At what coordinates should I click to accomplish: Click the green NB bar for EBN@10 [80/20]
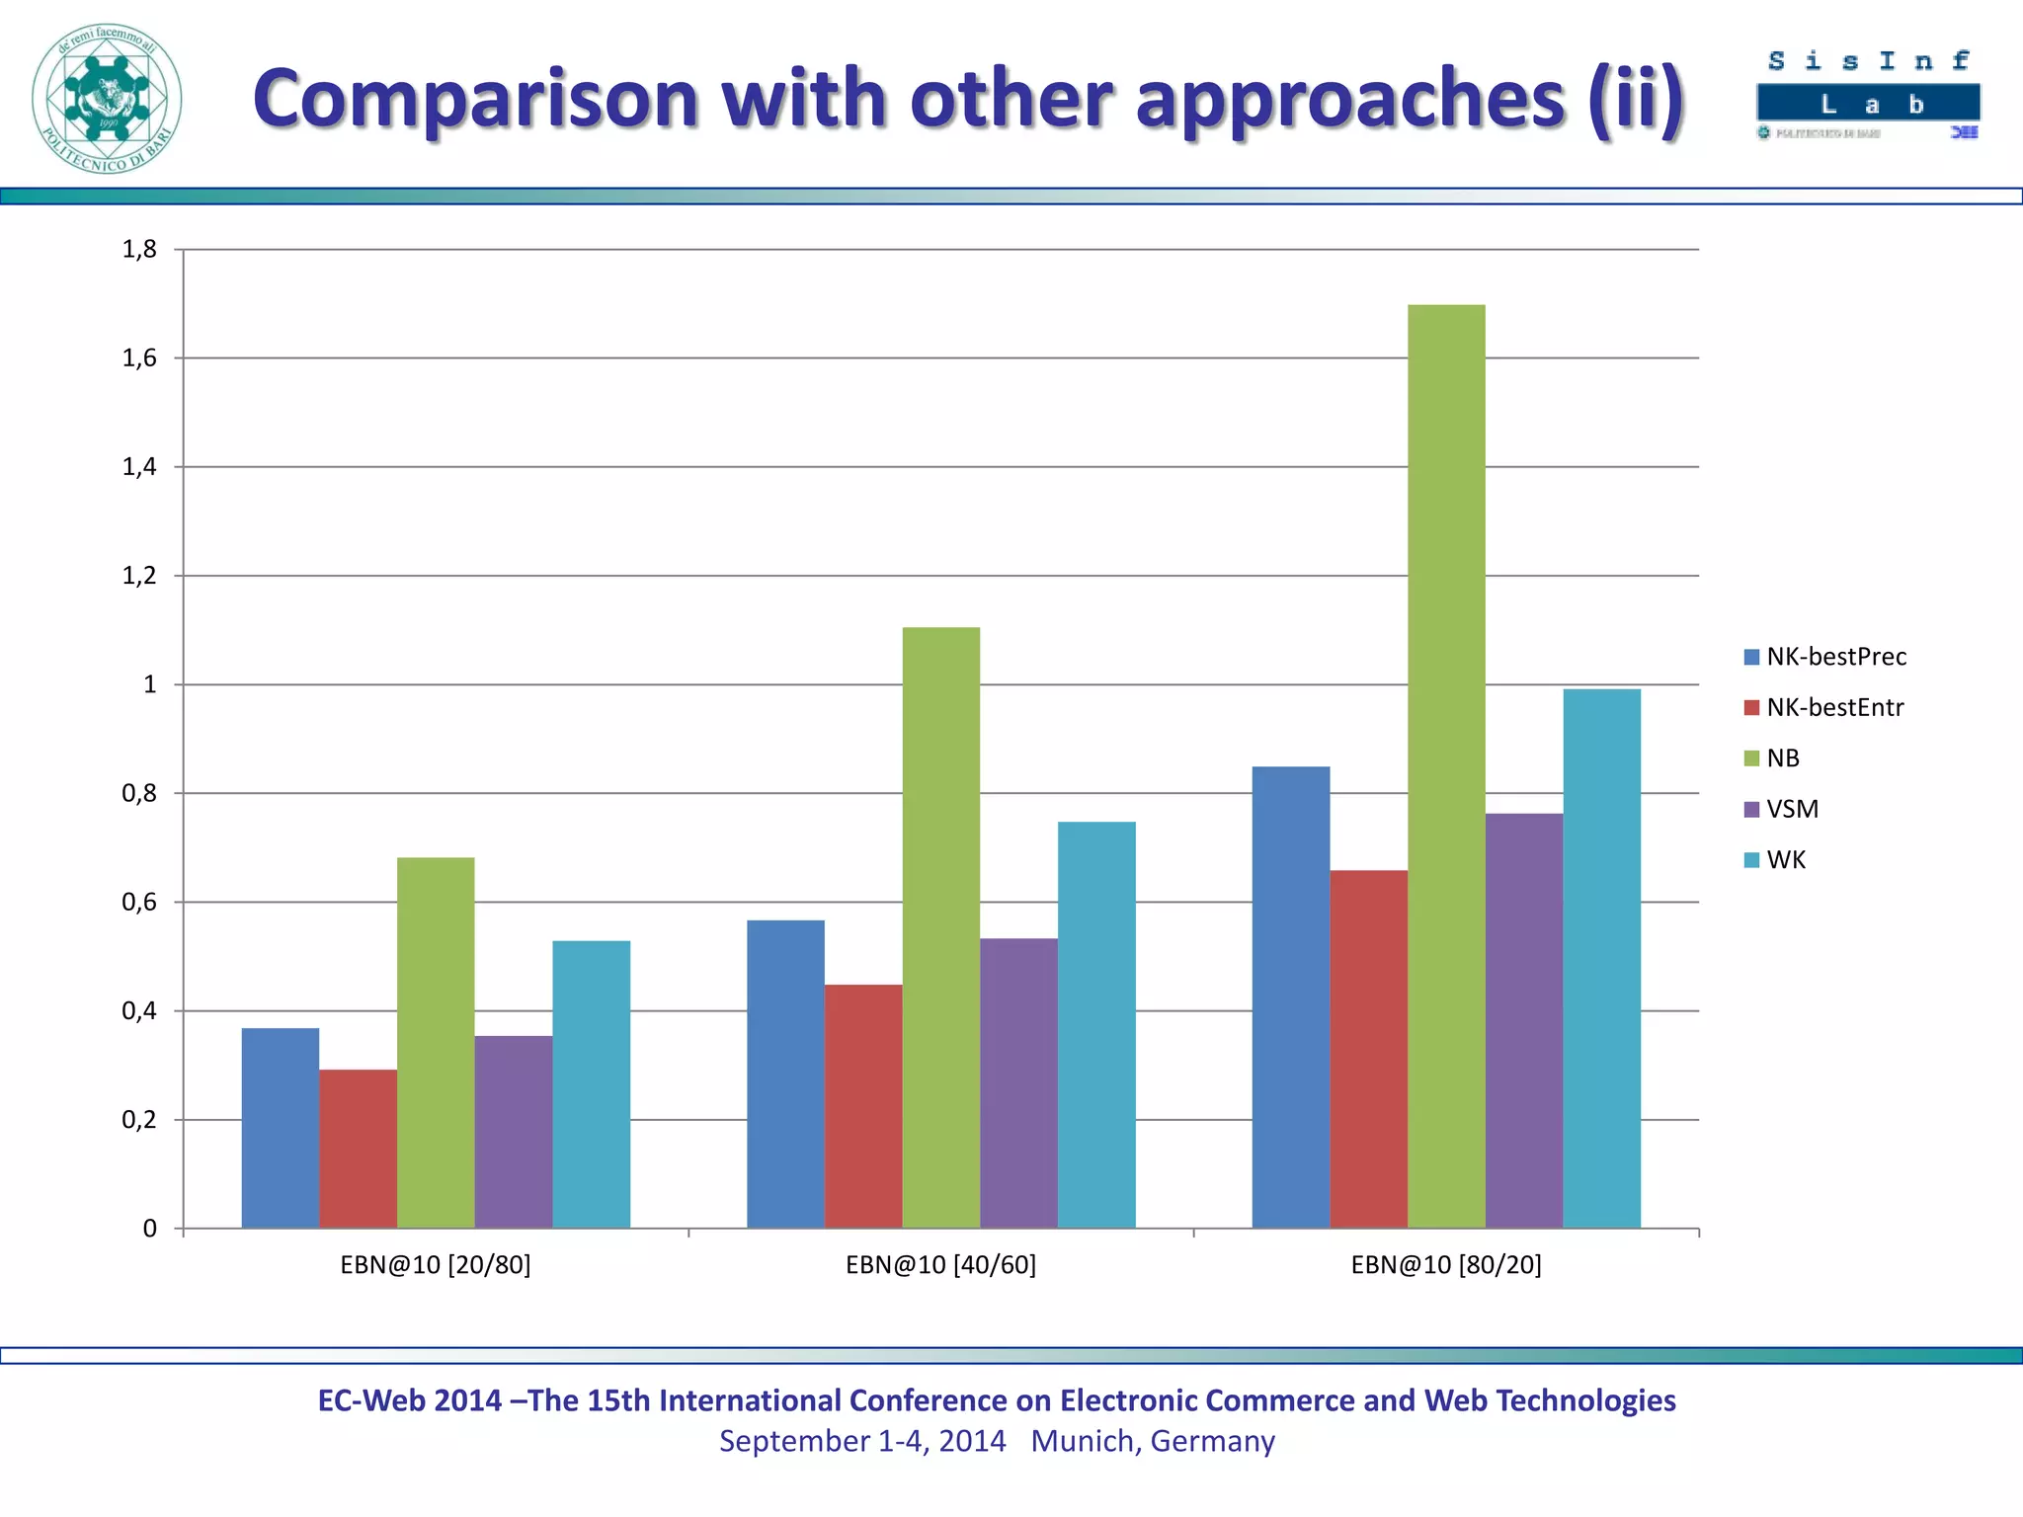[x=1446, y=766]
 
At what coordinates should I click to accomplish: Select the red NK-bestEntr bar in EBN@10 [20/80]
[x=358, y=1149]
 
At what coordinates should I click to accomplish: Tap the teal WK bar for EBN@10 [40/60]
[x=1096, y=1025]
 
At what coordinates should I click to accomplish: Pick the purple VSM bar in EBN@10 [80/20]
[x=1524, y=1020]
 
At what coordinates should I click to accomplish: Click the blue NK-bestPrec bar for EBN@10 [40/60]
[x=785, y=1075]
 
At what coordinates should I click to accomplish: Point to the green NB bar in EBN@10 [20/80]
[x=436, y=1043]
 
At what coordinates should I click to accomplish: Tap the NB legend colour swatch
[x=1752, y=758]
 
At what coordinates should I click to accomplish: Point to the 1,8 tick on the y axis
[x=139, y=250]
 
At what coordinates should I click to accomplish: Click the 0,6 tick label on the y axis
[x=139, y=902]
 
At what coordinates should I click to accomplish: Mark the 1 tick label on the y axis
[x=149, y=684]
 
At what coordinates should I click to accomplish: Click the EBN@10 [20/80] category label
[x=436, y=1265]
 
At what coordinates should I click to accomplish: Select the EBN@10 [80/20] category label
[x=1446, y=1265]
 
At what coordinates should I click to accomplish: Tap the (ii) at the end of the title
[x=1635, y=99]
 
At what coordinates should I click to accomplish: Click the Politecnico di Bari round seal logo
[x=107, y=99]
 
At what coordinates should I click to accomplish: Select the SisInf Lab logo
[x=1868, y=95]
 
